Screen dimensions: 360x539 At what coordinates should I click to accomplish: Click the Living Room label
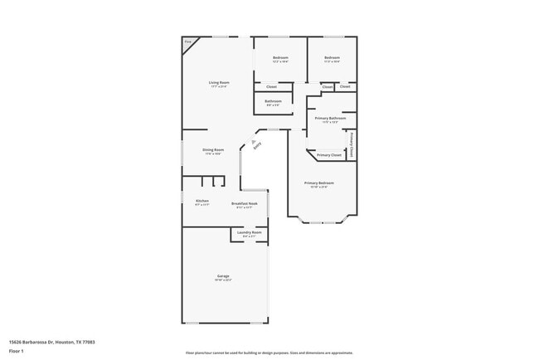click(x=218, y=82)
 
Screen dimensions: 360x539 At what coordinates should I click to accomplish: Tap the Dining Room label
click(x=213, y=150)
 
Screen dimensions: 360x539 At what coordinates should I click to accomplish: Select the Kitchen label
click(x=202, y=201)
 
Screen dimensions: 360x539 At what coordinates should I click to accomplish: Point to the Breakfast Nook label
click(x=244, y=203)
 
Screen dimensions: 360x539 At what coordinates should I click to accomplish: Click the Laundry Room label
click(x=249, y=232)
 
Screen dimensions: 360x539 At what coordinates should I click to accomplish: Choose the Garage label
click(x=223, y=276)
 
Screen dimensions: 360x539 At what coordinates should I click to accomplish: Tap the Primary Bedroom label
click(x=319, y=182)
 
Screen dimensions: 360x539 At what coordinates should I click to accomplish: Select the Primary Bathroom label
click(x=330, y=118)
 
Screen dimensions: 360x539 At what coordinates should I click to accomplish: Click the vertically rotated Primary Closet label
click(x=352, y=145)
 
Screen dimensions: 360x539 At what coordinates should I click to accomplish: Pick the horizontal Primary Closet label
click(x=329, y=155)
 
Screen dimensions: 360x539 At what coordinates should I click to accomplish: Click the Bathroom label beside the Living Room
click(x=273, y=101)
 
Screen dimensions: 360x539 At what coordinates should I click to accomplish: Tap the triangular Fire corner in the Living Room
click(x=188, y=42)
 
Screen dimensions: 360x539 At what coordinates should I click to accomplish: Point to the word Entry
click(x=258, y=146)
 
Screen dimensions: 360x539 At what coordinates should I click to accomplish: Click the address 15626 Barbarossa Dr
click(x=40, y=341)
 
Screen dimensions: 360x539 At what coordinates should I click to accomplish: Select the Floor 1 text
click(x=16, y=351)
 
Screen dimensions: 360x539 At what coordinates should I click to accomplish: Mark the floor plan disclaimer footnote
click(x=269, y=353)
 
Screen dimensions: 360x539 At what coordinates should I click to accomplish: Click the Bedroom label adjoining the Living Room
click(x=280, y=58)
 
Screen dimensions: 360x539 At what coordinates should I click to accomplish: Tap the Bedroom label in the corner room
click(x=331, y=58)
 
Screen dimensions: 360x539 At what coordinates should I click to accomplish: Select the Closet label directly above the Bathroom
click(x=270, y=86)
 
